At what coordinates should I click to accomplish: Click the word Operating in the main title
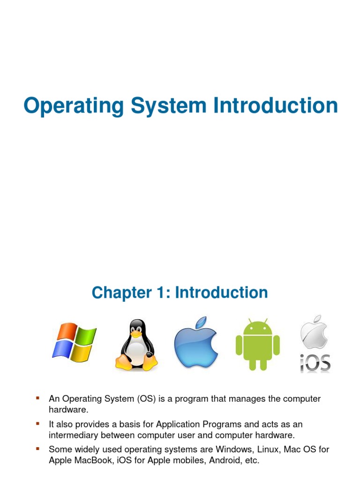73,106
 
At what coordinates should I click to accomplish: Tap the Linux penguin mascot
136,345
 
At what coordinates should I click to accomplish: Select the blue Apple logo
196,345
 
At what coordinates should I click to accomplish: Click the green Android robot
257,345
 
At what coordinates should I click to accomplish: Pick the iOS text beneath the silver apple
315,363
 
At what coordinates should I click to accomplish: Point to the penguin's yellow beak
136,335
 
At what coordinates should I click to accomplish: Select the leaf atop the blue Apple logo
202,322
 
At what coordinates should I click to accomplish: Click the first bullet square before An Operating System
38,398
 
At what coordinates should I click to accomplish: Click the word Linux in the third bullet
265,450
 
